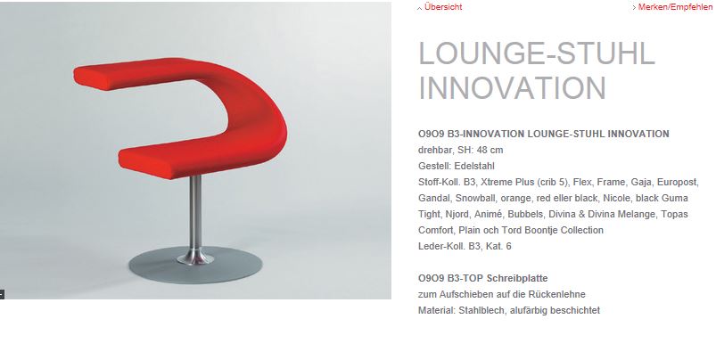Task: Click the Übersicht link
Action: point(443,7)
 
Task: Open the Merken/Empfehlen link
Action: point(675,7)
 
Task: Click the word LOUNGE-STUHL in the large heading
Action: point(537,53)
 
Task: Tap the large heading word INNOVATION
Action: point(513,87)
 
